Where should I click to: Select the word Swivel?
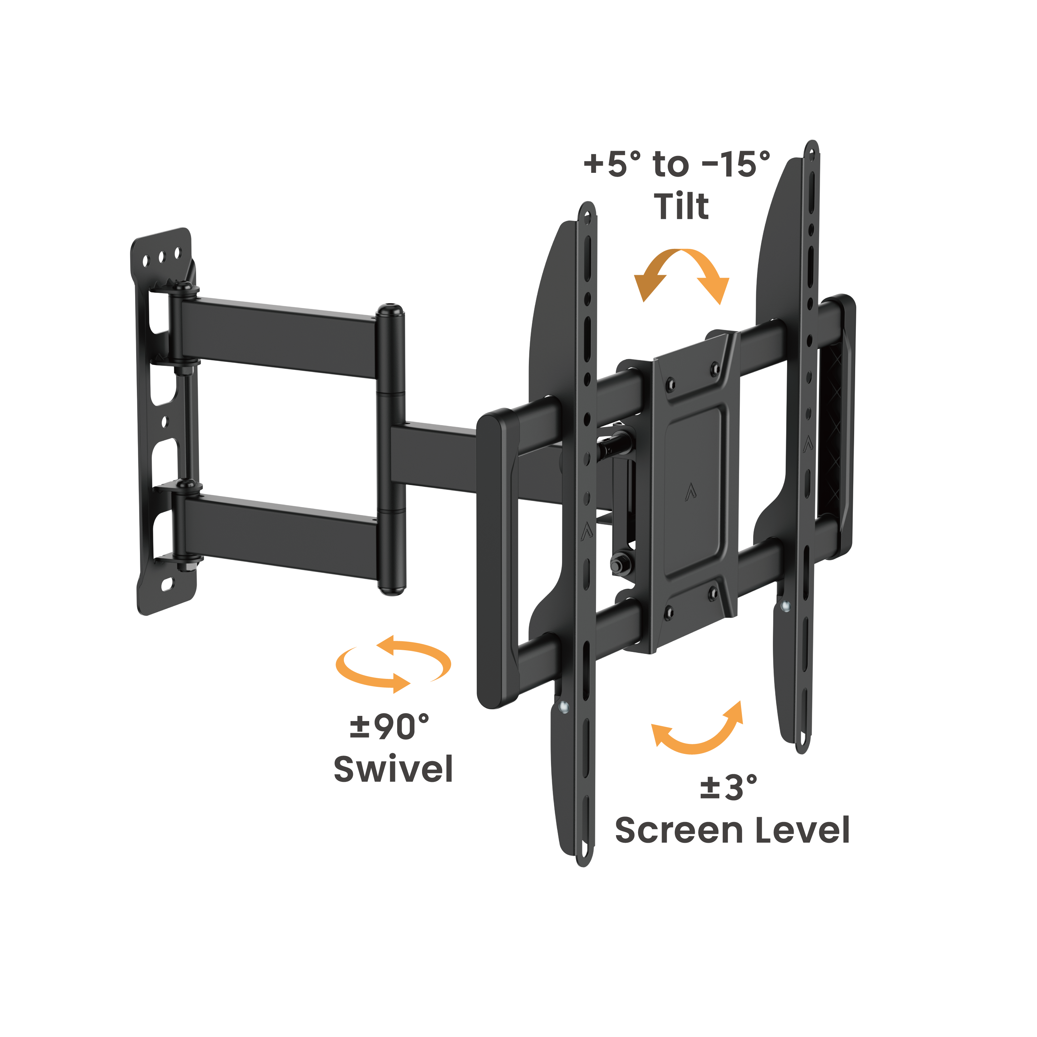point(393,769)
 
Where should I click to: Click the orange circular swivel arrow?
point(393,664)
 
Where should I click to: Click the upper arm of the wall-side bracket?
point(279,337)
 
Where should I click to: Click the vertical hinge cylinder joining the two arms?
point(391,451)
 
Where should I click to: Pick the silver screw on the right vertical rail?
point(786,607)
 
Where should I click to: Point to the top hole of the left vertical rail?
point(587,217)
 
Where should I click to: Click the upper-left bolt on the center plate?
point(670,384)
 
